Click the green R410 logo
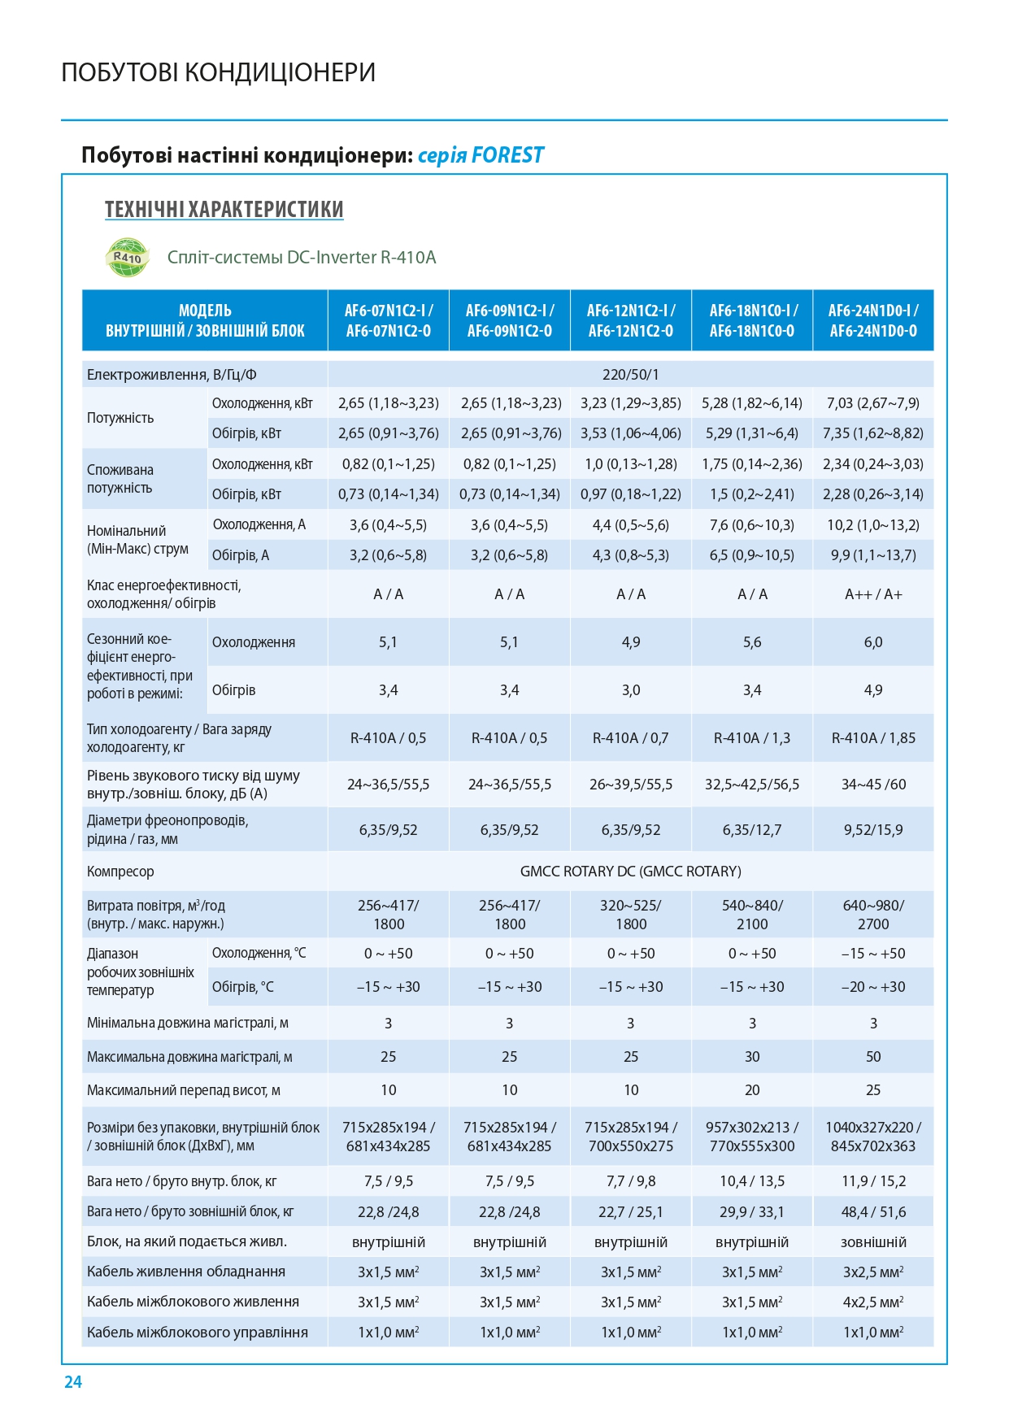pyautogui.click(x=128, y=257)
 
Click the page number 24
pyautogui.click(x=73, y=1382)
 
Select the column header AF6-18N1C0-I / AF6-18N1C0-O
pyautogui.click(x=753, y=320)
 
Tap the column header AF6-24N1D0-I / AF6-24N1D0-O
pyautogui.click(x=873, y=320)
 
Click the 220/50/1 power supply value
pyautogui.click(x=631, y=375)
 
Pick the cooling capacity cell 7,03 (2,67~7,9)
pyautogui.click(x=873, y=403)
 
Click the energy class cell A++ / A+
pyautogui.click(x=873, y=594)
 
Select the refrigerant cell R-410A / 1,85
pyautogui.click(x=873, y=738)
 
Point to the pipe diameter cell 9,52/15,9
pyautogui.click(x=873, y=830)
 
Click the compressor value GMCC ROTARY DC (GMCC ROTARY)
pyautogui.click(x=631, y=872)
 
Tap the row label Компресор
pyautogui.click(x=120, y=872)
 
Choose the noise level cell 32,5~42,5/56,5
pyautogui.click(x=752, y=785)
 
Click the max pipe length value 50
pyautogui.click(x=873, y=1057)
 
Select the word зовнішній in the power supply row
pyautogui.click(x=873, y=1242)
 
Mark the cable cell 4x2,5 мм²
pyautogui.click(x=873, y=1302)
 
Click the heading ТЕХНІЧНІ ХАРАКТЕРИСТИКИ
pyautogui.click(x=224, y=210)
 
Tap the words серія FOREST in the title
pyautogui.click(x=481, y=155)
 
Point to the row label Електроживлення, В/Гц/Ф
pyautogui.click(x=172, y=375)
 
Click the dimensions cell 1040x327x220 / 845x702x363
pyautogui.click(x=873, y=1137)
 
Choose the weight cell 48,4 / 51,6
pyautogui.click(x=873, y=1212)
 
